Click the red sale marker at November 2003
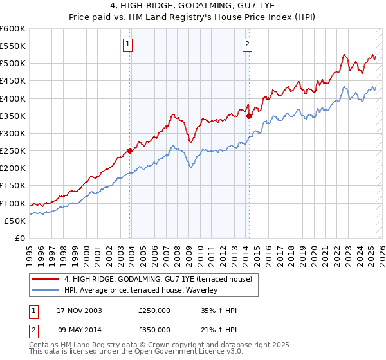point(130,150)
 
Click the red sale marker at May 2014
point(249,116)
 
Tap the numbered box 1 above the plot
point(127,44)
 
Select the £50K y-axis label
point(14,221)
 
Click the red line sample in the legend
point(46,279)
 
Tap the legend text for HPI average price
point(141,290)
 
